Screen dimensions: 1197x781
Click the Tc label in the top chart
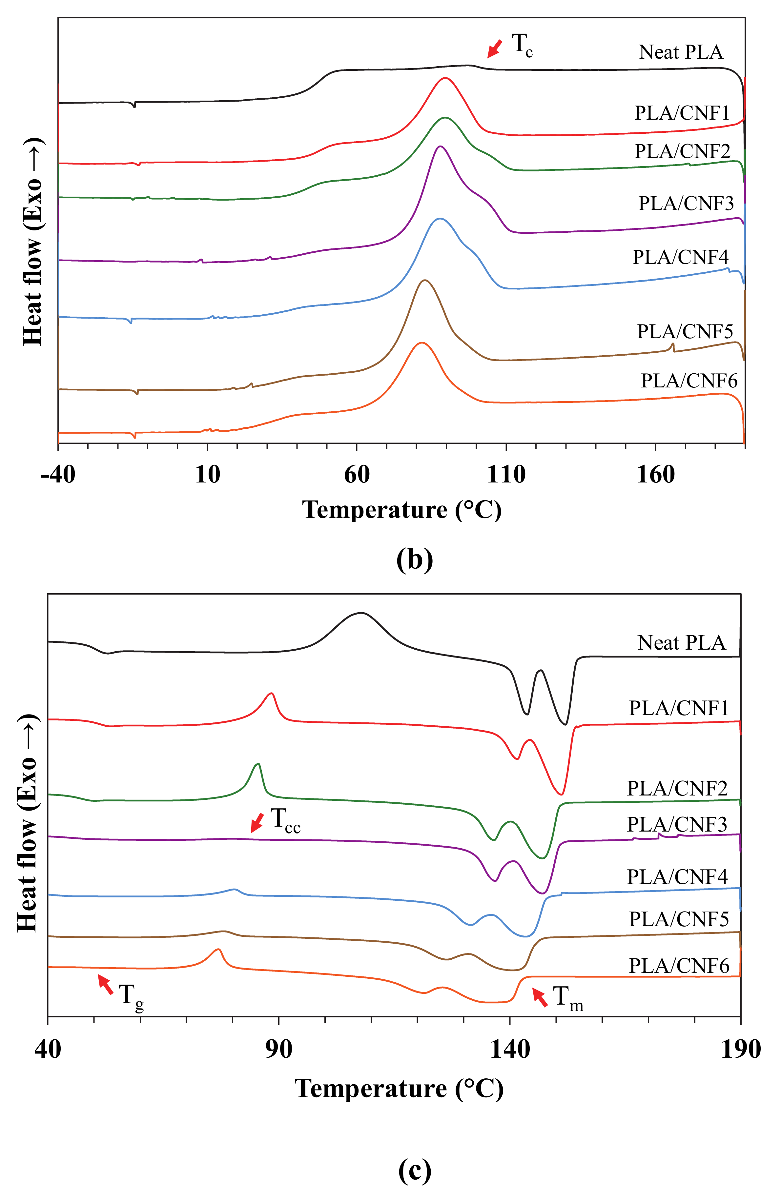(522, 45)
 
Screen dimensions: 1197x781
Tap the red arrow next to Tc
(494, 49)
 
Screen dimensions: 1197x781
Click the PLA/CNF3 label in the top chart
(686, 204)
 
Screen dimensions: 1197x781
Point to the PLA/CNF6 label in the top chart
(689, 381)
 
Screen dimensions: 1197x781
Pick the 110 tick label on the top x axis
(506, 474)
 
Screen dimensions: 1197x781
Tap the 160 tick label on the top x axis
(655, 474)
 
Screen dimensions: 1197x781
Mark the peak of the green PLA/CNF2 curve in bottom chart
(257, 764)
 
